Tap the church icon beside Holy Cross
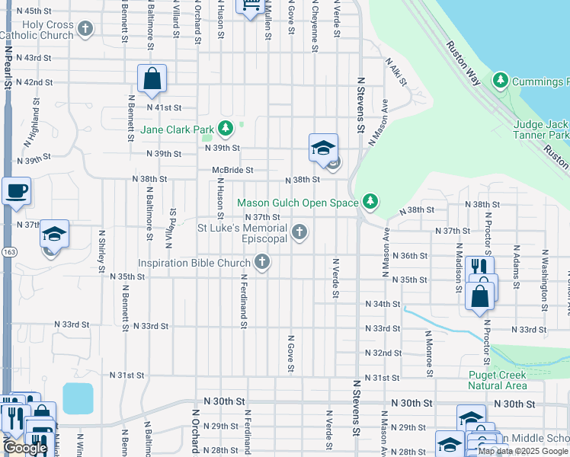pyautogui.click(x=85, y=30)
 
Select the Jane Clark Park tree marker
pyautogui.click(x=225, y=128)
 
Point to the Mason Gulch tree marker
pyautogui.click(x=370, y=201)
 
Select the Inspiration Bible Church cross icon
pyautogui.click(x=262, y=264)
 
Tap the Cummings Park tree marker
pyautogui.click(x=501, y=80)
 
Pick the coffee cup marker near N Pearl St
pyautogui.click(x=16, y=192)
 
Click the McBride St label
pyautogui.click(x=232, y=171)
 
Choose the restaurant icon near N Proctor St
pyautogui.click(x=479, y=267)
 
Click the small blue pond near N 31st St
pyautogui.click(x=78, y=398)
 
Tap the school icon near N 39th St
pyautogui.click(x=323, y=148)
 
